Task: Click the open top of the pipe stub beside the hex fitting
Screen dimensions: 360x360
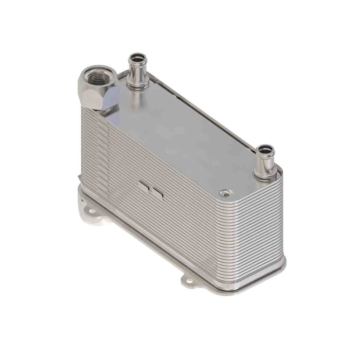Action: tap(137, 57)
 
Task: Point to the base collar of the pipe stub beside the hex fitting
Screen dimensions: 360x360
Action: tap(136, 83)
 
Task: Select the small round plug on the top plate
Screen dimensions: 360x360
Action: tap(223, 193)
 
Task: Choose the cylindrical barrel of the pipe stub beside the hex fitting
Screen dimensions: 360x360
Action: tap(137, 71)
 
